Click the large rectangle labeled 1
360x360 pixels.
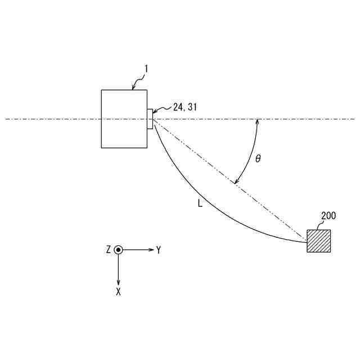click(124, 119)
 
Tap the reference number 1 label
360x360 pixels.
click(146, 69)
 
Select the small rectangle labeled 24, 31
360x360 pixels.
click(150, 119)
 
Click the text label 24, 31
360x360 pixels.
click(185, 107)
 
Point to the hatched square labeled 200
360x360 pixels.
click(318, 241)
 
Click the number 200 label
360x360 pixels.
click(328, 215)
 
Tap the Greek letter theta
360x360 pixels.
click(258, 159)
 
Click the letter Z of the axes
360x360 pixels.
click(108, 250)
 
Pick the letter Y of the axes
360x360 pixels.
click(159, 250)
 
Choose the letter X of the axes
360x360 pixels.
click(118, 292)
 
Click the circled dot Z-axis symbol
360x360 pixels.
click(118, 250)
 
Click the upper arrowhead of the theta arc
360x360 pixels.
click(257, 121)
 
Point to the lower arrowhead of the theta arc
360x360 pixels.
click(237, 182)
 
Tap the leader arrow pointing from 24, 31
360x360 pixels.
click(160, 112)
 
